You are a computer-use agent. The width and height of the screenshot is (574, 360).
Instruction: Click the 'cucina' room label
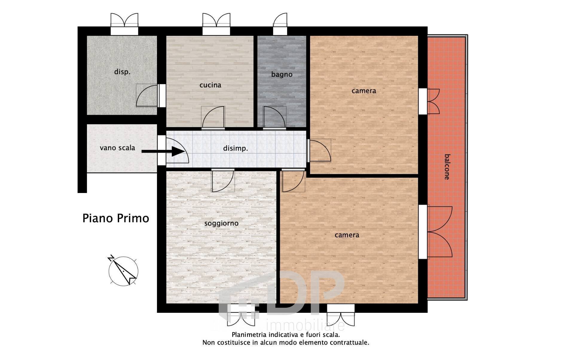[210, 85]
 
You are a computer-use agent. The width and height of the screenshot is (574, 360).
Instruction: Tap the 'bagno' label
[282, 74]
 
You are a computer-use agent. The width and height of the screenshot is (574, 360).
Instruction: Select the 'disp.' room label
[122, 72]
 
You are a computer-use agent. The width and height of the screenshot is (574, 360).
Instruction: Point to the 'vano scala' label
[117, 148]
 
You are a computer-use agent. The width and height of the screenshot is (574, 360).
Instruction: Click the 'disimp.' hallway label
[236, 148]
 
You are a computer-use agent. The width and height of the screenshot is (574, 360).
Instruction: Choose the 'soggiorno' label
[221, 223]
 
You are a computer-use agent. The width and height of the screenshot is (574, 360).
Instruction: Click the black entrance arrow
[163, 151]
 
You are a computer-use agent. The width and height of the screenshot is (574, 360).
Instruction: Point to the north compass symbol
[123, 270]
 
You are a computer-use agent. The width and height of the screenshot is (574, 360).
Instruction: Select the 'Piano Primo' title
[116, 218]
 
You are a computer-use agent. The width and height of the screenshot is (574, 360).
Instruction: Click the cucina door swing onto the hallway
[213, 118]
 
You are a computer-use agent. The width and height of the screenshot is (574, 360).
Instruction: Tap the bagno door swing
[274, 118]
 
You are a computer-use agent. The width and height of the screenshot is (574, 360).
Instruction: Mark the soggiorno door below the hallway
[223, 180]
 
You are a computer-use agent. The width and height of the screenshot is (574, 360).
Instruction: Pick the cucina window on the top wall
[216, 24]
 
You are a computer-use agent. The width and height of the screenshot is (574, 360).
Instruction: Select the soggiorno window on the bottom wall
[241, 315]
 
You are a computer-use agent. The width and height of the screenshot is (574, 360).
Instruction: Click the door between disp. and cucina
[147, 95]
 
